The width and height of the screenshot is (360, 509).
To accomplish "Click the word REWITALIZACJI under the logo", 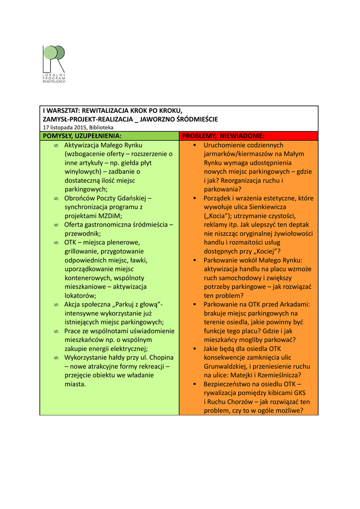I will tap(54, 81).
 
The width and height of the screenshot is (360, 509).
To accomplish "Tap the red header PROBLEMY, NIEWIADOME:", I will tap(223, 136).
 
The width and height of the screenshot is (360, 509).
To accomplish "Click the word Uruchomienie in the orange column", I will tap(225, 145).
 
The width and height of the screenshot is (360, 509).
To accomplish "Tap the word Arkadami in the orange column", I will tap(295, 304).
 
